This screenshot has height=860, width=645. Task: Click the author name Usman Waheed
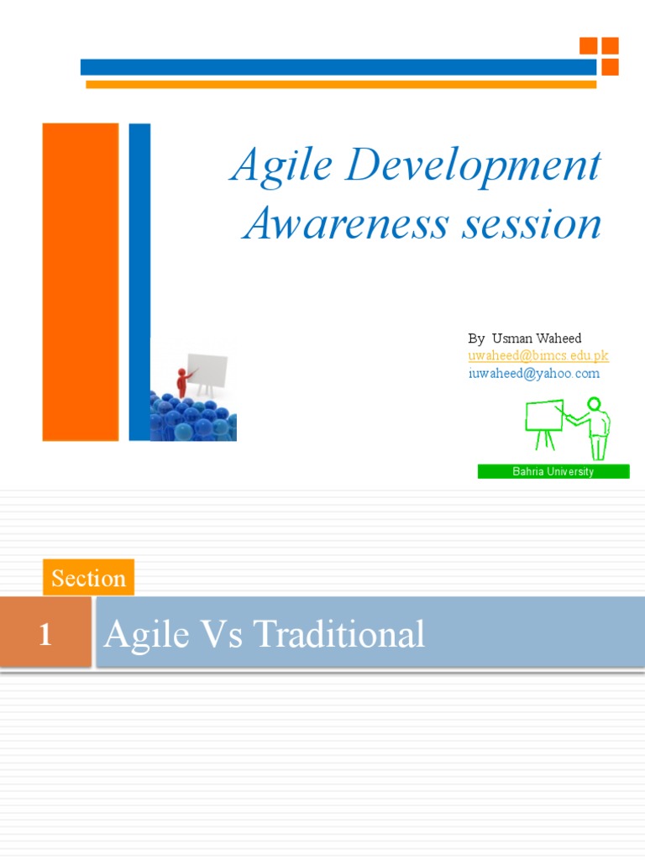[x=537, y=338]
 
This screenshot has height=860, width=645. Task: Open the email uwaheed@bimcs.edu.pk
[x=538, y=356]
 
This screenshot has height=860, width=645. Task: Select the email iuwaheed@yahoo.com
[x=534, y=374]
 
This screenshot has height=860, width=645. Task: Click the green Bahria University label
[x=553, y=472]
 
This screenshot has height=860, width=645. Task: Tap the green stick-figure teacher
[x=595, y=427]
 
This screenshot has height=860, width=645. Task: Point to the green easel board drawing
[x=543, y=421]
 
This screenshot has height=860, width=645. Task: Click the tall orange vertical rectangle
[x=81, y=281]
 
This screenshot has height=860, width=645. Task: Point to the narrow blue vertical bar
[x=139, y=281]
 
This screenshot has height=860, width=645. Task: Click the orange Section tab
[x=88, y=578]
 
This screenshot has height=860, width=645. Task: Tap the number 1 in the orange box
[x=45, y=634]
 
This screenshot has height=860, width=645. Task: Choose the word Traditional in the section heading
[x=339, y=634]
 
